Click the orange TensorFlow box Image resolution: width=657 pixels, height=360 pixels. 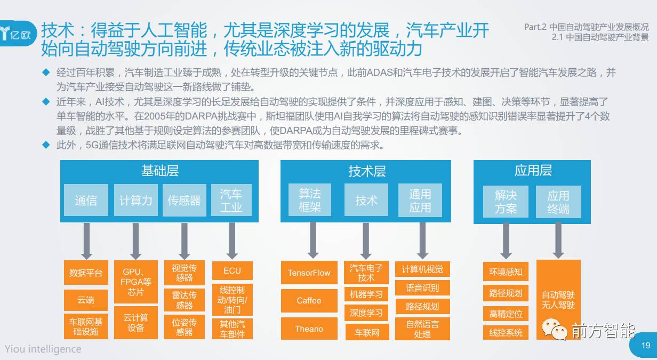309,273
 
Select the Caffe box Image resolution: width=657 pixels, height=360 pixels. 309,301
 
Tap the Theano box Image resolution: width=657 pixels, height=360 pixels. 309,329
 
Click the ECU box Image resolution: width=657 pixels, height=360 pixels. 232,270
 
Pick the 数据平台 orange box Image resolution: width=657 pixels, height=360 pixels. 86,273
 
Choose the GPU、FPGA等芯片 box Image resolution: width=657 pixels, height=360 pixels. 136,282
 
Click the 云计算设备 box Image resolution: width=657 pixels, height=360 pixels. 136,322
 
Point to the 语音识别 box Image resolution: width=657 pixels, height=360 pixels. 422,288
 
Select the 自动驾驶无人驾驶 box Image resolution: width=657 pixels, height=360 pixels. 558,300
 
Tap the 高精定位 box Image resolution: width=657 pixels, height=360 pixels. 506,314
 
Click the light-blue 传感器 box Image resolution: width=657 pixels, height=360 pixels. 184,201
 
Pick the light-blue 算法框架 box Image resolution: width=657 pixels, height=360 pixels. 310,201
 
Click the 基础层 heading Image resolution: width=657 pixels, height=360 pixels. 159,171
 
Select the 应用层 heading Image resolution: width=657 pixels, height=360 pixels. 533,171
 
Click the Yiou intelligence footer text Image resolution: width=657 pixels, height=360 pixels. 43,349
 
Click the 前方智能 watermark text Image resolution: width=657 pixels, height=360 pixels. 603,332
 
